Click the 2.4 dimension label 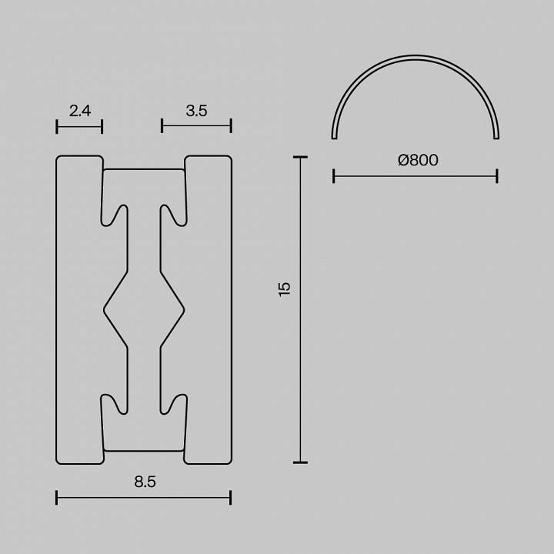pos(79,111)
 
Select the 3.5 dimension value pos(196,111)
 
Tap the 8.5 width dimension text pos(145,482)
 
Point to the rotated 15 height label pos(285,289)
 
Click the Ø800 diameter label pos(418,160)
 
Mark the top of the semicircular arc pos(415,58)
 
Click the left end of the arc pos(334,137)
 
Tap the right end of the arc pos(497,137)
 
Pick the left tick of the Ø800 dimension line pos(334,176)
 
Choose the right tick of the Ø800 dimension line pos(497,176)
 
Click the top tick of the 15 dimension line pos(300,157)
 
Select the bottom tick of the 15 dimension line pos(300,462)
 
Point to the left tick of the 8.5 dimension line pos(57,498)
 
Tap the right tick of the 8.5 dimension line pos(231,498)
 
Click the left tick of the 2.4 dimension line pos(57,126)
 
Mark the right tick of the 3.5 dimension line pos(231,126)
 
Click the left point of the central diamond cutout pos(105,309)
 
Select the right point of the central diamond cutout pos(184,309)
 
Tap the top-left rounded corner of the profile pos(59,159)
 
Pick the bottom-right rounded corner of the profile pos(229,461)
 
